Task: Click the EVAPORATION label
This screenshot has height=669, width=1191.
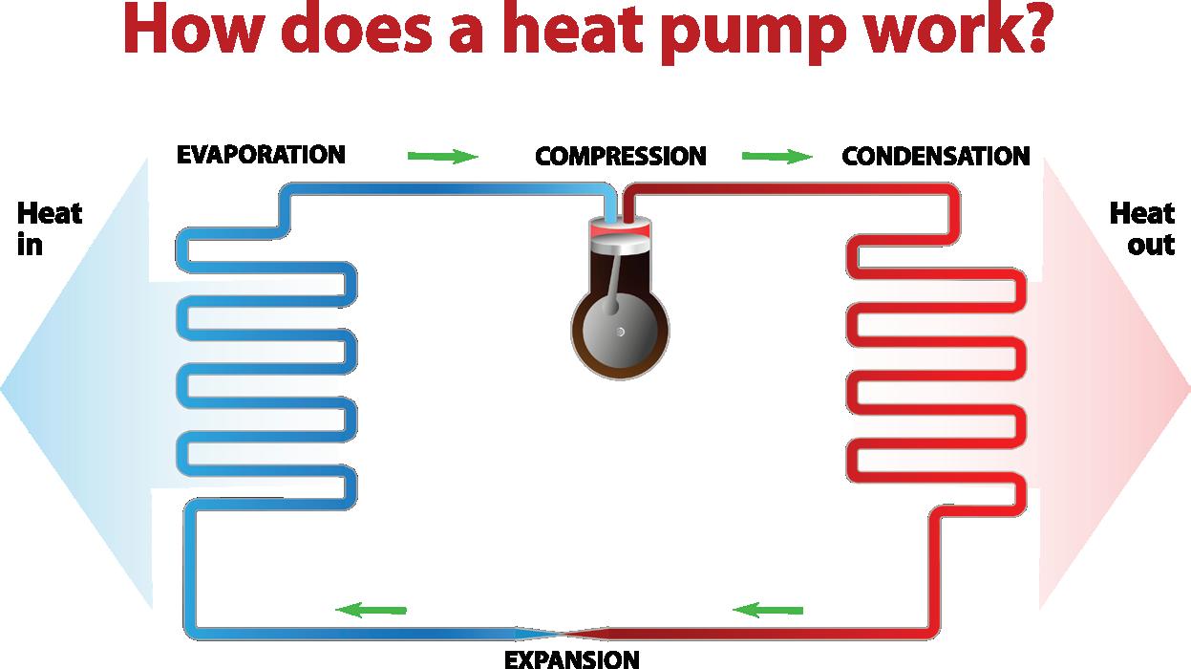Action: click(x=261, y=155)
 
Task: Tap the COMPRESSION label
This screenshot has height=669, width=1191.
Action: click(x=620, y=156)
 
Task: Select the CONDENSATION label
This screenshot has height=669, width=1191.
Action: click(x=935, y=156)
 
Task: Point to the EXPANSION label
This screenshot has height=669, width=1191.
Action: click(x=571, y=658)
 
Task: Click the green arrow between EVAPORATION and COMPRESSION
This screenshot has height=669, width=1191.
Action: click(x=442, y=156)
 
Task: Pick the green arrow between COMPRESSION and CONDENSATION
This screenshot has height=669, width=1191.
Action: click(x=776, y=156)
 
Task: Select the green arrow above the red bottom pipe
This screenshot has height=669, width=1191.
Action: click(x=768, y=609)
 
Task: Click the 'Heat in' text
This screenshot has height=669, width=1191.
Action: click(x=48, y=228)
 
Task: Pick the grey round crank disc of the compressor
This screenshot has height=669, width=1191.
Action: click(x=620, y=331)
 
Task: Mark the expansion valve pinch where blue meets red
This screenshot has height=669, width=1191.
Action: click(x=568, y=633)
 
